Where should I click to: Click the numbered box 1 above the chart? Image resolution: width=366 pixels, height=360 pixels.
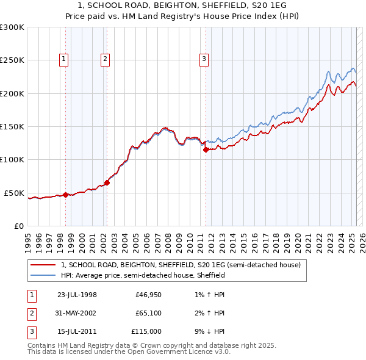pyautogui.click(x=64, y=59)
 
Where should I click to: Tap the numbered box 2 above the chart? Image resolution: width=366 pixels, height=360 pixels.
pyautogui.click(x=105, y=59)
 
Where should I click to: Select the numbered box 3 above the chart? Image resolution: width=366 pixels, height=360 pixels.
pyautogui.click(x=203, y=59)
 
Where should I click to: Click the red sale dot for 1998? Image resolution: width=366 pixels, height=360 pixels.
pyautogui.click(x=66, y=195)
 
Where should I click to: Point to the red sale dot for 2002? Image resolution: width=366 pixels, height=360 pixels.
pyautogui.click(x=107, y=182)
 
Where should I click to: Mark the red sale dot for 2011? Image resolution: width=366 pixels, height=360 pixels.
pyautogui.click(x=206, y=149)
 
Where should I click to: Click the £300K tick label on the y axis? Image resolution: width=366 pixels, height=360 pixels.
pyautogui.click(x=12, y=27)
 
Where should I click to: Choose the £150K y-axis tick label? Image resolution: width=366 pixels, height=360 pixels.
pyautogui.click(x=12, y=126)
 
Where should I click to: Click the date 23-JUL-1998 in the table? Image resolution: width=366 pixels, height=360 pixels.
pyautogui.click(x=77, y=295)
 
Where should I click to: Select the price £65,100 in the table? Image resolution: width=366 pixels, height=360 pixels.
pyautogui.click(x=148, y=313)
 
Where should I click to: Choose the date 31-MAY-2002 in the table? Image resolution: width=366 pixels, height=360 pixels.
pyautogui.click(x=76, y=313)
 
